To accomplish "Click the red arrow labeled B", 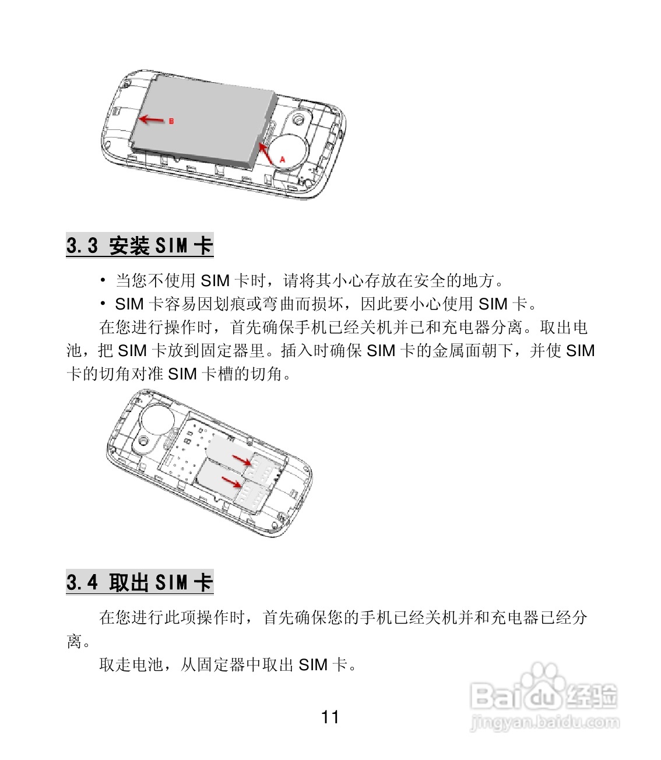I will (x=152, y=120).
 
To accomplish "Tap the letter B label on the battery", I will (x=171, y=121).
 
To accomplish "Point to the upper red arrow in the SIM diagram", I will (x=241, y=460).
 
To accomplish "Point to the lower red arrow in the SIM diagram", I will (x=231, y=481).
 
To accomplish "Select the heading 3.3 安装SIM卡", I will (x=140, y=245).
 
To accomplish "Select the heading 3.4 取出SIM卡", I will (x=140, y=582).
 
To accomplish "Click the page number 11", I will (x=330, y=717).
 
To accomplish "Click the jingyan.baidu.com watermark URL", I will (x=544, y=723).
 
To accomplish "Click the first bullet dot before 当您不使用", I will (x=103, y=281).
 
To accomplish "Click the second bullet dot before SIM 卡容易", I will (x=103, y=304).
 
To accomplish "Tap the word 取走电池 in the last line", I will (x=132, y=664).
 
